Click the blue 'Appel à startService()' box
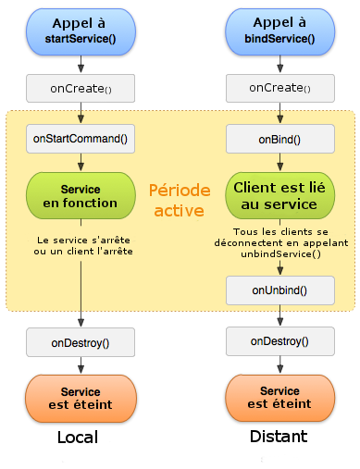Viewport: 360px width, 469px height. (x=81, y=31)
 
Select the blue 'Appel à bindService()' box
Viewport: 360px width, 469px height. (x=280, y=31)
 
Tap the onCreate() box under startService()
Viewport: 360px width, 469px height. (x=81, y=88)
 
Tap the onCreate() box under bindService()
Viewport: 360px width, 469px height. (x=280, y=88)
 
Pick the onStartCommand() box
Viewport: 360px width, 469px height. (x=81, y=139)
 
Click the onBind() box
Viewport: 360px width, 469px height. (x=280, y=139)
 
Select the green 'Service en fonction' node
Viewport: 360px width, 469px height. (x=81, y=195)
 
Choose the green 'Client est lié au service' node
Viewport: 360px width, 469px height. (x=280, y=195)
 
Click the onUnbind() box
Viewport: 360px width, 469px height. (x=280, y=290)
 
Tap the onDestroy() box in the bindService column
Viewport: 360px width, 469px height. (x=280, y=341)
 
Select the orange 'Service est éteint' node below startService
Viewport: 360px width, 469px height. (x=81, y=399)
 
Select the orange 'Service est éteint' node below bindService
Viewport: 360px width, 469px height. (x=280, y=399)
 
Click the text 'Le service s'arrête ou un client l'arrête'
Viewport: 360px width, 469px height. (x=81, y=245)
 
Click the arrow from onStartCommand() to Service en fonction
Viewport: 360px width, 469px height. (x=81, y=163)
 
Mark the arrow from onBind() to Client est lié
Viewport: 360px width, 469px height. (x=280, y=163)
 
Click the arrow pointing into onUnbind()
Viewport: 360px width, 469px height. (x=280, y=267)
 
